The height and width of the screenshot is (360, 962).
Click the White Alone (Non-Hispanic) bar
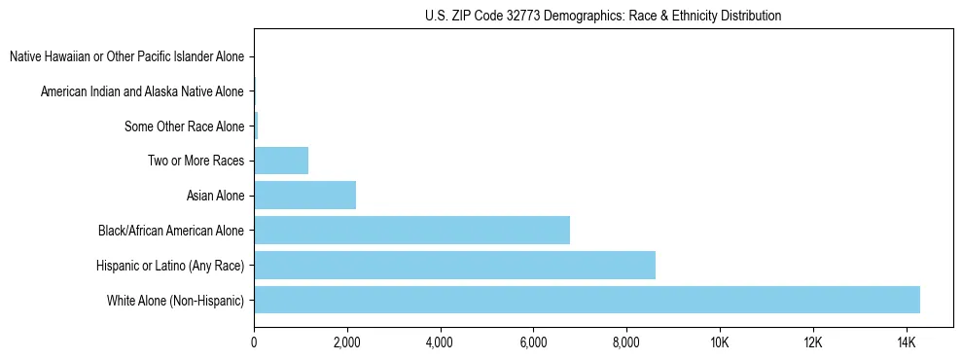click(x=587, y=300)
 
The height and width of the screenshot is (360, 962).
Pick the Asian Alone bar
click(x=304, y=196)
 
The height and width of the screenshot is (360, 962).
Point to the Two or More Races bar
click(x=281, y=161)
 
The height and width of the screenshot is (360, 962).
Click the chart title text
click(x=603, y=16)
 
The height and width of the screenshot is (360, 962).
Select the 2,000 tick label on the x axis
click(x=347, y=342)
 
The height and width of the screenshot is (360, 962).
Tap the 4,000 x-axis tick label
click(x=440, y=342)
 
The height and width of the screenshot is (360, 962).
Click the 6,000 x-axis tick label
click(x=533, y=342)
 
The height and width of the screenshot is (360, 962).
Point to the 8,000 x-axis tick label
click(x=626, y=342)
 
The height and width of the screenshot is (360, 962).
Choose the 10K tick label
click(x=720, y=342)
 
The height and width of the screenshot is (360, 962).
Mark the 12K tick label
click(x=813, y=342)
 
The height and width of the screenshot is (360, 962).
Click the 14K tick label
click(x=906, y=342)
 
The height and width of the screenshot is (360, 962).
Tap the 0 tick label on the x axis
click(x=254, y=342)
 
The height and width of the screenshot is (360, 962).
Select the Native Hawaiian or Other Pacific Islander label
click(x=127, y=57)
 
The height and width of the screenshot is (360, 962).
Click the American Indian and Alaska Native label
click(x=142, y=92)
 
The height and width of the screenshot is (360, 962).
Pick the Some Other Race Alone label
click(x=185, y=126)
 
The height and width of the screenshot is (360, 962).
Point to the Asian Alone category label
click(x=215, y=197)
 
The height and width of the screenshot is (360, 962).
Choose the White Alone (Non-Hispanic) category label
click(x=176, y=301)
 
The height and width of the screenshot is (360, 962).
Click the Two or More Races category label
click(x=196, y=162)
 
